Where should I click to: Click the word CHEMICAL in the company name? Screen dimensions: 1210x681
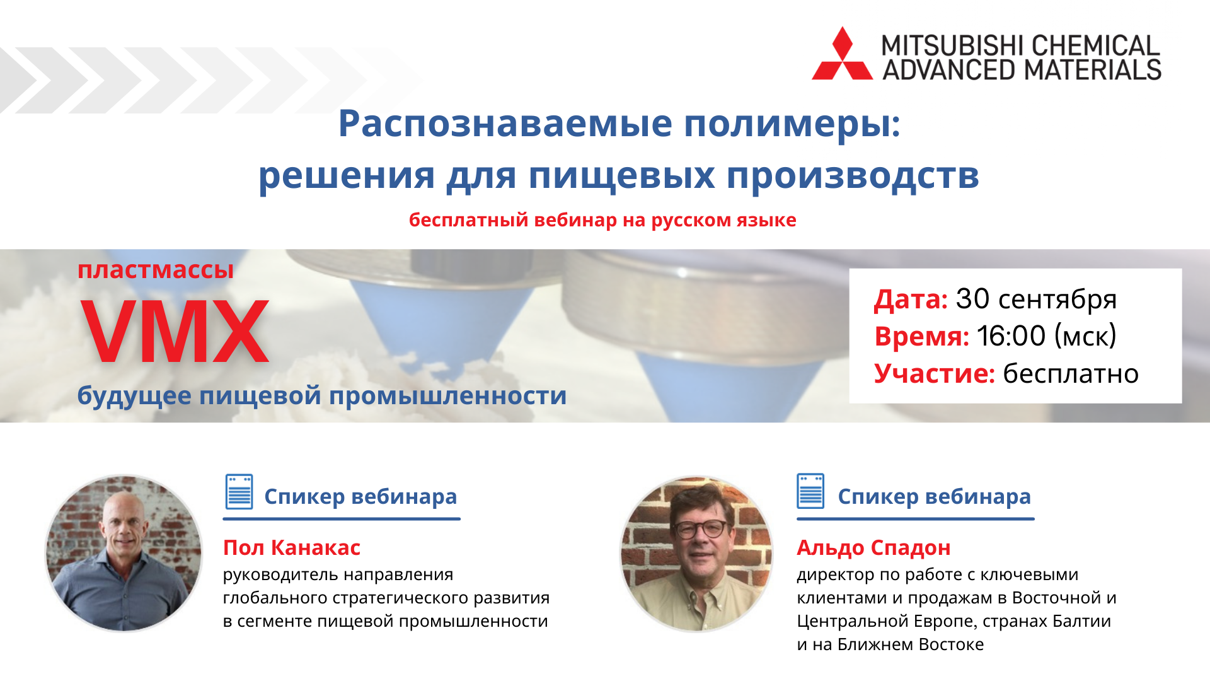tap(1095, 45)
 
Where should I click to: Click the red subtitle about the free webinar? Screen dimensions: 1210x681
tap(602, 220)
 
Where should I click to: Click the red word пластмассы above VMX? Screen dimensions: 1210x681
tap(156, 270)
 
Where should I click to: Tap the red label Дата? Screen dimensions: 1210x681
tap(911, 300)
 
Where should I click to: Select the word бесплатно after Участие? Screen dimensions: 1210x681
tap(1071, 374)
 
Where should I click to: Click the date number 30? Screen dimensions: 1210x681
tap(972, 299)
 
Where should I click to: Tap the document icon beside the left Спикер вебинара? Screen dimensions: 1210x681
tap(239, 492)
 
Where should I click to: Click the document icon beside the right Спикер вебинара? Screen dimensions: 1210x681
tap(810, 491)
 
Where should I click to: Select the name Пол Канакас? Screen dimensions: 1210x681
tap(292, 547)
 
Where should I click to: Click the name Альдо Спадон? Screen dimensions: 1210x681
tap(873, 548)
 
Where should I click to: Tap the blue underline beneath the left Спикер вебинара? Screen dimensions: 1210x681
tap(342, 519)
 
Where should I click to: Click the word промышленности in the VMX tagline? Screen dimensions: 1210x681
tap(448, 396)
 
